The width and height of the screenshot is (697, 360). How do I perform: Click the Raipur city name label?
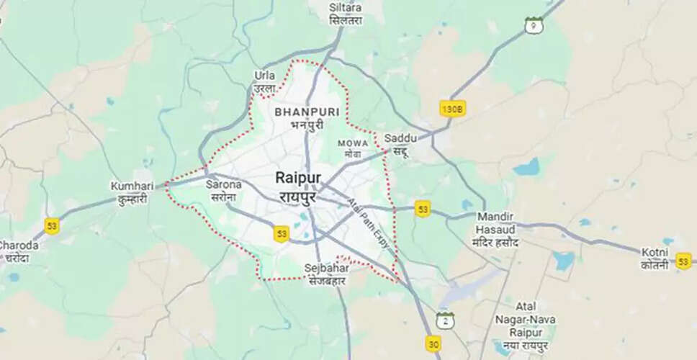(297, 186)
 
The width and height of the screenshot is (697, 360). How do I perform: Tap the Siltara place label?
(346, 14)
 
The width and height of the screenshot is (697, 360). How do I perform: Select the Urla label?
(265, 81)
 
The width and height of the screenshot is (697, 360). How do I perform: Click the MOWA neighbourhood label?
(353, 148)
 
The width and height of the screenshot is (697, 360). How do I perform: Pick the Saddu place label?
(397, 144)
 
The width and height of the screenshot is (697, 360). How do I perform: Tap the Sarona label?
(223, 190)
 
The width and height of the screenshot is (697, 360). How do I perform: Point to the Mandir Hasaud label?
(496, 229)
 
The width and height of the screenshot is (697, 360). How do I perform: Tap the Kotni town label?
(656, 257)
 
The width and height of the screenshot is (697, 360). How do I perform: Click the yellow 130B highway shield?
(452, 109)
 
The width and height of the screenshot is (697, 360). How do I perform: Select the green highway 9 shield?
(534, 25)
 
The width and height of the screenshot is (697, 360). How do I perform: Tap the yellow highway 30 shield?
(433, 344)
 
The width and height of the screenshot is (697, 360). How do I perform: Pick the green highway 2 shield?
(445, 320)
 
